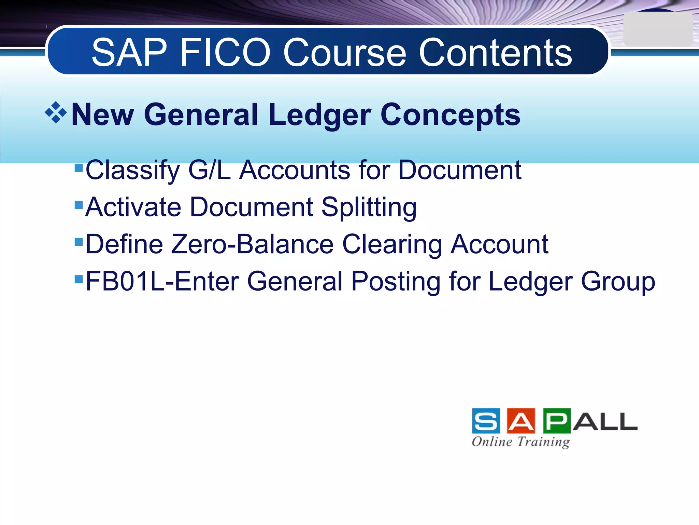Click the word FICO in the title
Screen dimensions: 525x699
(225, 53)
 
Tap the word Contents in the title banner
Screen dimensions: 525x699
(495, 53)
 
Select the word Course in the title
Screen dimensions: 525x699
(345, 53)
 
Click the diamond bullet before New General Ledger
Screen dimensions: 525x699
(56, 112)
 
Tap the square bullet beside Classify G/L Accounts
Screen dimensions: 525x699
(79, 167)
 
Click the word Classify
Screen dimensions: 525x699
(132, 170)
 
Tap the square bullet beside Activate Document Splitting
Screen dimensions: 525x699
(79, 204)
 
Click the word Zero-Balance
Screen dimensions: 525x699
(252, 244)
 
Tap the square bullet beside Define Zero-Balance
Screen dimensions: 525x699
(79, 242)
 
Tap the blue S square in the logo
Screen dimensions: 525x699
(486, 421)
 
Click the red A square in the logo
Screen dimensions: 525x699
(521, 421)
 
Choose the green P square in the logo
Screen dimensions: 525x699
(556, 421)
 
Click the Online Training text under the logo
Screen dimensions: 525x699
(520, 442)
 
